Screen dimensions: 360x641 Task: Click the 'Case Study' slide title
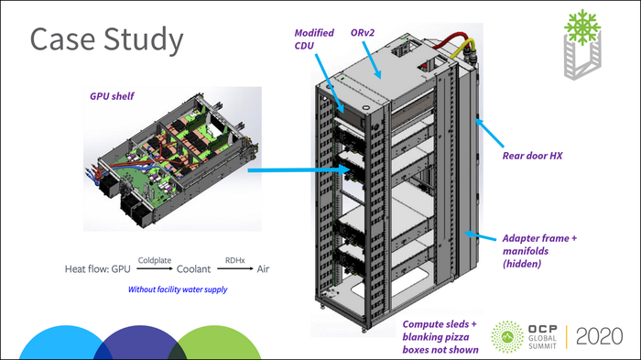point(105,40)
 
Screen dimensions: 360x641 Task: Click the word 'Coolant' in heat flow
point(188,269)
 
